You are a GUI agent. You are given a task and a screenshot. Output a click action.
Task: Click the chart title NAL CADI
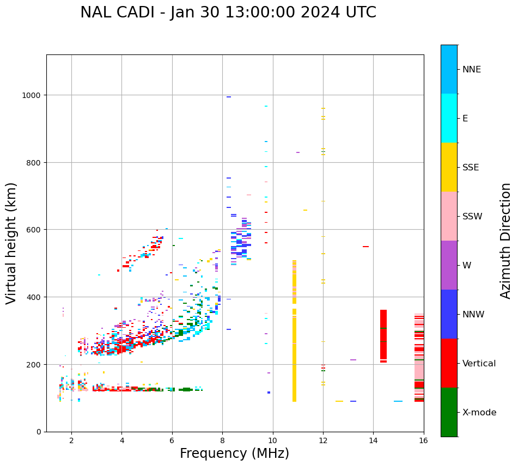coord(228,13)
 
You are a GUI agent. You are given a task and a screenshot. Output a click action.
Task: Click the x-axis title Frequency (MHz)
coord(234,453)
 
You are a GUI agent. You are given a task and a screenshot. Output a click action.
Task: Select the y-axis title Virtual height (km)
coord(11,243)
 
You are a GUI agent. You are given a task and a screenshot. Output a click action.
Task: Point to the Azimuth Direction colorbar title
coord(506,240)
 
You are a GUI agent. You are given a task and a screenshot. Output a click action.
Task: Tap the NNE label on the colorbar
coord(472,70)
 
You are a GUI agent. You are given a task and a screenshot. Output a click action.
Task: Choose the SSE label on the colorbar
coord(471,168)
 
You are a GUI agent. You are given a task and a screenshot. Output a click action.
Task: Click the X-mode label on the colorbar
coord(479,413)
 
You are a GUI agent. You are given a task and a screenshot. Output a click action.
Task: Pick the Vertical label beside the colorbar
coord(479,364)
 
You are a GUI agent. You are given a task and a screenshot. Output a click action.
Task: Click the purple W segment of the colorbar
coord(449,265)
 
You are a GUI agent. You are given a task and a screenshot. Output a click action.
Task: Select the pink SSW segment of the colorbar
coord(449,216)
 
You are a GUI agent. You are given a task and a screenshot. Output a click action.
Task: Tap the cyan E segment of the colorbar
coord(449,118)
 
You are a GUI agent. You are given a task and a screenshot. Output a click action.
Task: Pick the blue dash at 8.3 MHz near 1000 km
coord(229,97)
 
